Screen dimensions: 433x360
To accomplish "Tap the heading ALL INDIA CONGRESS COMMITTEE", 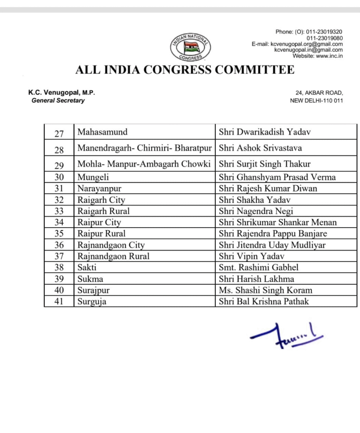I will [184, 70].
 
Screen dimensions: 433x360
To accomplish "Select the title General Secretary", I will [58, 101].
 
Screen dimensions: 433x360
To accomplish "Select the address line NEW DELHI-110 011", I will [316, 101].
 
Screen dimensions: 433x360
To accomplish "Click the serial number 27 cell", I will [59, 133].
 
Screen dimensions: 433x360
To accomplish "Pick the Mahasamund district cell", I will [102, 132].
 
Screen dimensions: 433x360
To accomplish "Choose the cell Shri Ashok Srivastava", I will [260, 148].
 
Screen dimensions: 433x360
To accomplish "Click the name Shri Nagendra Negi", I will [256, 211].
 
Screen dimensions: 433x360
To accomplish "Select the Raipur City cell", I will [99, 222].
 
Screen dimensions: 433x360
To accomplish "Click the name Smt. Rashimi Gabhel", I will [258, 267].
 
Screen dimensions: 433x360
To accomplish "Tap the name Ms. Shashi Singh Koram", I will [265, 290].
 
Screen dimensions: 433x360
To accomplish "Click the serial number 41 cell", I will [59, 301].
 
